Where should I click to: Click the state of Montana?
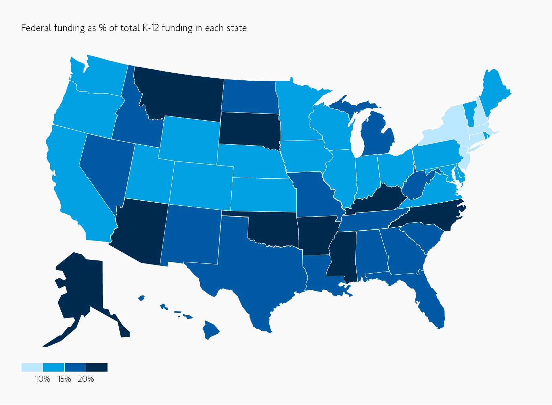point(182,95)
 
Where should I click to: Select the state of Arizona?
point(142,230)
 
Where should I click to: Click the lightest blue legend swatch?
point(32,367)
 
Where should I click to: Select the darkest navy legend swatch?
point(97,367)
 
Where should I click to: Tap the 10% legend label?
point(42,379)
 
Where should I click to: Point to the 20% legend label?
point(86,379)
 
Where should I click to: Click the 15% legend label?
point(64,379)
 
